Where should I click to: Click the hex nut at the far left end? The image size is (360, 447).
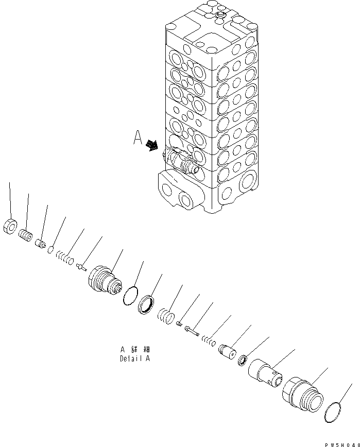[10, 226]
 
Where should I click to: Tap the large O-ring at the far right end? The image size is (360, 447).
[336, 414]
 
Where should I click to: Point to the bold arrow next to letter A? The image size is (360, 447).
[152, 146]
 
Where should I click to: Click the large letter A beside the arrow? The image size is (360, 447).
[138, 138]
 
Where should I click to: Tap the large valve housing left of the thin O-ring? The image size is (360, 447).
[105, 282]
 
